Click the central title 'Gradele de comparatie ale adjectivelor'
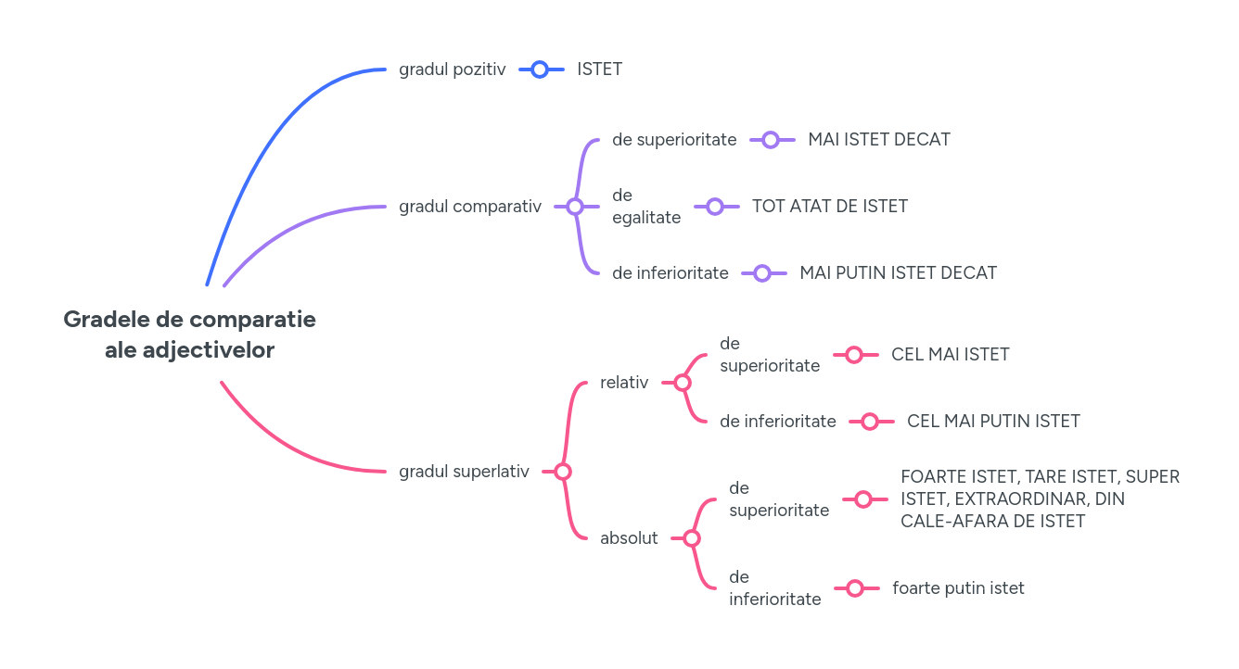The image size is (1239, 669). (x=189, y=334)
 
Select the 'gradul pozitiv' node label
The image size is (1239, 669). (x=452, y=69)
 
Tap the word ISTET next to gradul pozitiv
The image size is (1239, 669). (x=599, y=69)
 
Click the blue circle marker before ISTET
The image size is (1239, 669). (x=541, y=69)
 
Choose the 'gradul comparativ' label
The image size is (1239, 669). (x=469, y=207)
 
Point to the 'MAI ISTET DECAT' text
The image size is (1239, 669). (x=878, y=140)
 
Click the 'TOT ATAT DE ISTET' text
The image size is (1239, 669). (x=829, y=207)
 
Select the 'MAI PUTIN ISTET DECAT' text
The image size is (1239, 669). (x=898, y=273)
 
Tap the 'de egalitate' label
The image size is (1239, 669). (x=645, y=207)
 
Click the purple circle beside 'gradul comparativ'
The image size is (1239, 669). (x=574, y=207)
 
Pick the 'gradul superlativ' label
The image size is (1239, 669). (x=464, y=472)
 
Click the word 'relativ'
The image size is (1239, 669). (x=624, y=383)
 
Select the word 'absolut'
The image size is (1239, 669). (x=629, y=538)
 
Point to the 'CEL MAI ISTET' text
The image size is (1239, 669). (x=950, y=355)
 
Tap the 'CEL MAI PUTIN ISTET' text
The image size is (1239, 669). (x=993, y=422)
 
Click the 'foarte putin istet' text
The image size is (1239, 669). (x=958, y=588)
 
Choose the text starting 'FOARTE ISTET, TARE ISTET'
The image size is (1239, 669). (x=1040, y=499)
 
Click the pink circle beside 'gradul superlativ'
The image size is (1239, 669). (x=563, y=472)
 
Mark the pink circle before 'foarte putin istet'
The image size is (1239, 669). (x=855, y=588)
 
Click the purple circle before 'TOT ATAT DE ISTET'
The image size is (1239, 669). (x=715, y=207)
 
